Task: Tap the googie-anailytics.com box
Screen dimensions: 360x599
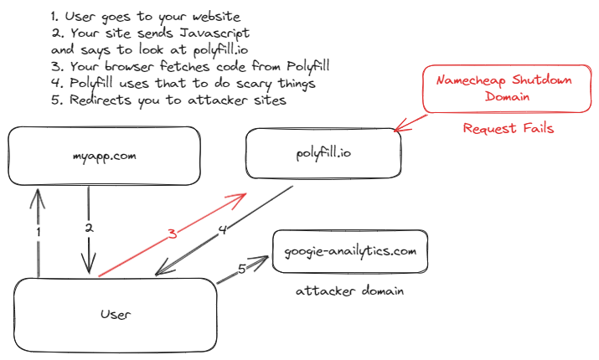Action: pyautogui.click(x=344, y=250)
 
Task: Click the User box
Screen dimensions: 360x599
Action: pyautogui.click(x=116, y=314)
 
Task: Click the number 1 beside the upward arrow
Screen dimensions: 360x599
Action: pyautogui.click(x=39, y=230)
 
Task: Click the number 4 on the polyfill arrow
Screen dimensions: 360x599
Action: pyautogui.click(x=221, y=230)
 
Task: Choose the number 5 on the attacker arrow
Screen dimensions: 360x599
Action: pyautogui.click(x=241, y=270)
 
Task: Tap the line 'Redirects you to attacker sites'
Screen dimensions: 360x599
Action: pyautogui.click(x=168, y=100)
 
